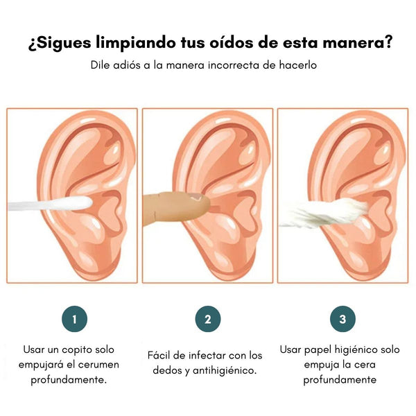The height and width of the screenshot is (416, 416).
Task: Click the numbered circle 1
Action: coord(75,319)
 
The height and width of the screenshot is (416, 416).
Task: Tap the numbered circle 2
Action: coord(208,319)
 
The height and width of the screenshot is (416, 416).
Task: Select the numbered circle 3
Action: coord(343,319)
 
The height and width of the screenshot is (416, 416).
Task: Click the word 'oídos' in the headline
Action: coord(232,42)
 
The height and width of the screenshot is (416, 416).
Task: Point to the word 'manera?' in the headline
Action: coord(357,42)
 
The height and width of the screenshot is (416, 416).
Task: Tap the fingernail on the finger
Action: coord(196,197)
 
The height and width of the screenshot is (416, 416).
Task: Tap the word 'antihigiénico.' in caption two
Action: coord(225,370)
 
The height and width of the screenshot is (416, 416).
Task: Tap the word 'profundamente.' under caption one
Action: coord(69,380)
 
